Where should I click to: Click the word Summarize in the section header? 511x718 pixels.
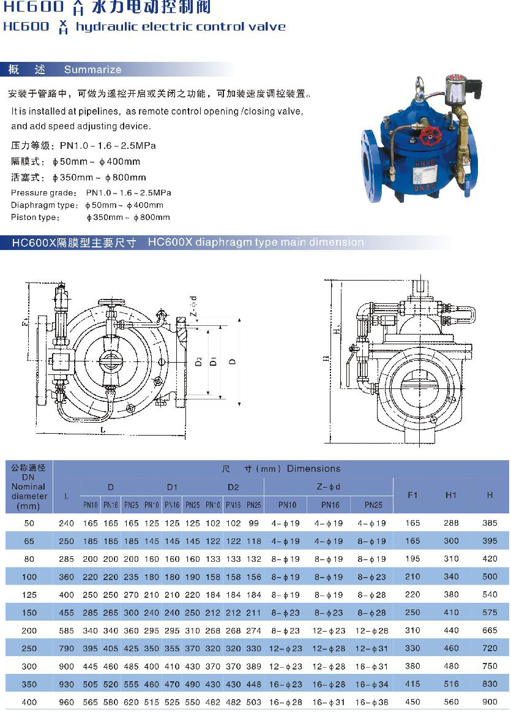pyautogui.click(x=93, y=69)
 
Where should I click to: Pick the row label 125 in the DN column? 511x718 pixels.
pyautogui.click(x=29, y=594)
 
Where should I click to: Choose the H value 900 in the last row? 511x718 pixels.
pyautogui.click(x=490, y=702)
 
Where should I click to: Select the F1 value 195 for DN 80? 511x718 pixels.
pyautogui.click(x=412, y=559)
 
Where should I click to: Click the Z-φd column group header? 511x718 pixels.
pyautogui.click(x=328, y=487)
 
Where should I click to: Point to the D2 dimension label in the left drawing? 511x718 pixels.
pyautogui.click(x=199, y=362)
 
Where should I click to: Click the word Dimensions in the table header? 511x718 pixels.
pyautogui.click(x=313, y=469)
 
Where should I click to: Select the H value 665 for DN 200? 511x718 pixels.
pyautogui.click(x=490, y=630)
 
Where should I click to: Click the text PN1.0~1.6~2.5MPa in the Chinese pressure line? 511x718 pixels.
pyautogui.click(x=108, y=146)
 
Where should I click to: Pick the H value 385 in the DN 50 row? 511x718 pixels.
pyautogui.click(x=490, y=523)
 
